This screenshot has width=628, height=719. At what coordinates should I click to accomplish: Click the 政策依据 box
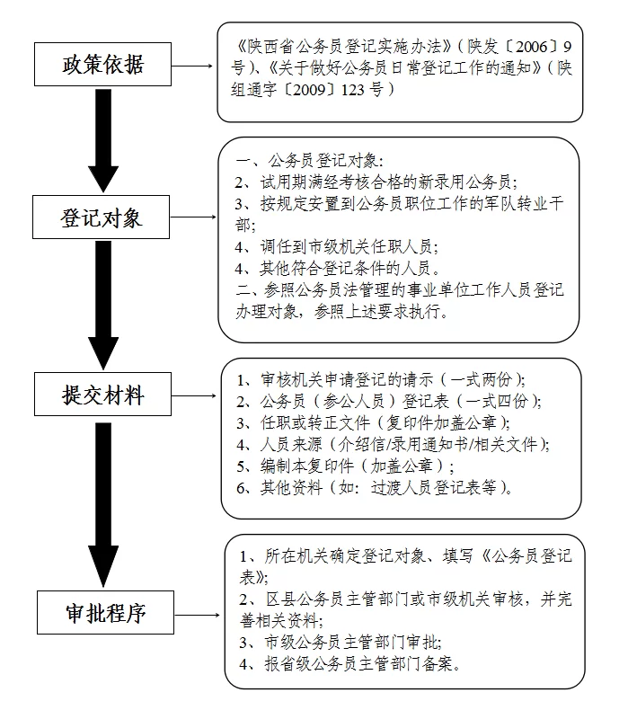pos(102,65)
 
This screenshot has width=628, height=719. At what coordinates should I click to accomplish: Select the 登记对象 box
pos(102,217)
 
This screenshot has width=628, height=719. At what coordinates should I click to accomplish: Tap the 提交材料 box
pos(102,395)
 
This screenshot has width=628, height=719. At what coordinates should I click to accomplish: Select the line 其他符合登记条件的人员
pos(347,268)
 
